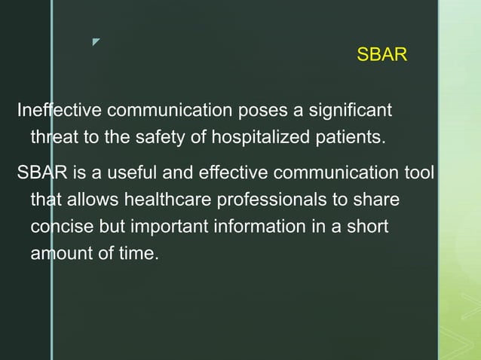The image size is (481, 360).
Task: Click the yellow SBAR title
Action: (381, 55)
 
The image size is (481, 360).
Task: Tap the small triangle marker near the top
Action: (96, 41)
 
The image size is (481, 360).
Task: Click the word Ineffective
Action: (60, 111)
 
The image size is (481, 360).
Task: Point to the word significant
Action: (350, 111)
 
